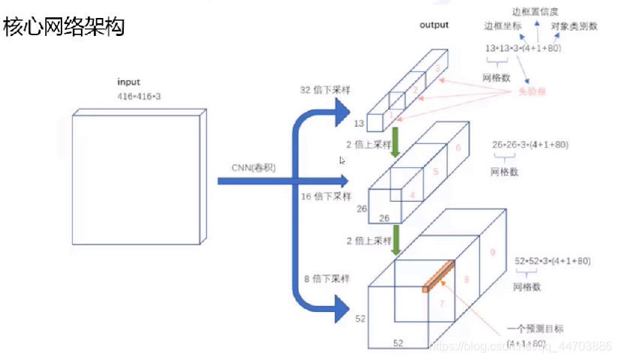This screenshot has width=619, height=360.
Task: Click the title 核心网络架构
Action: (63, 28)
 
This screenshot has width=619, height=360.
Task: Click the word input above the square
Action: (128, 81)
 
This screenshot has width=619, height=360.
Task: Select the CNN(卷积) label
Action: (254, 169)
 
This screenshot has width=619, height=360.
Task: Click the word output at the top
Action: (434, 25)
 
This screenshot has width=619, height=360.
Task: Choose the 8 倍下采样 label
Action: (324, 279)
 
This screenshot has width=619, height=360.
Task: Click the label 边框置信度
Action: (536, 11)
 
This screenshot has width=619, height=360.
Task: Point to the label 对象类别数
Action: (574, 26)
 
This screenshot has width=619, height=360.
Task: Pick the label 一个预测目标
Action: (533, 328)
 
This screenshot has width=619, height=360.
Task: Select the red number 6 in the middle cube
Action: (458, 148)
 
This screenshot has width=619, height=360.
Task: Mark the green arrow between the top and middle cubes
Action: (395, 142)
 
